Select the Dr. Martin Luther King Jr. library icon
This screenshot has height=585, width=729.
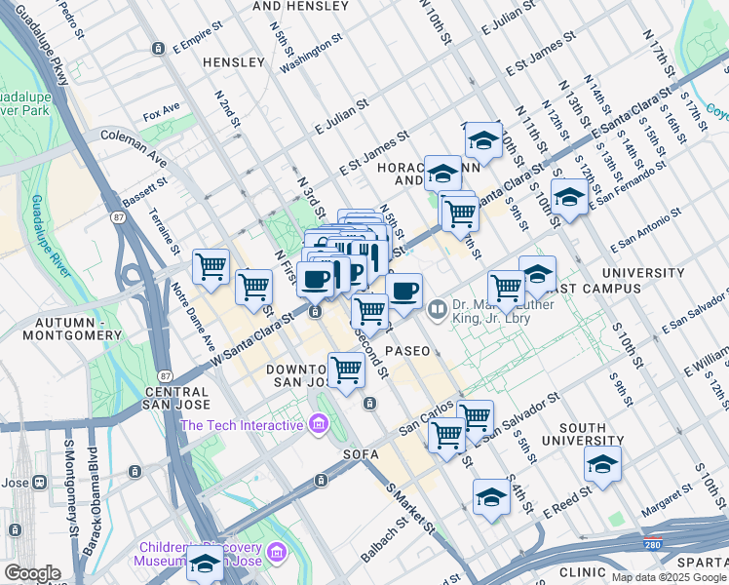(438, 311)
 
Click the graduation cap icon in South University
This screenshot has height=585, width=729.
(602, 464)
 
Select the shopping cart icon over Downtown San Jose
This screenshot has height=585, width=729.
(346, 369)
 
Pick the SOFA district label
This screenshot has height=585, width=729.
(360, 454)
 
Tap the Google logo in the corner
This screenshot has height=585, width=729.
(31, 573)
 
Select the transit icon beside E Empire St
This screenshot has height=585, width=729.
(158, 49)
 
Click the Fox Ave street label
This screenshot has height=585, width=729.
(162, 110)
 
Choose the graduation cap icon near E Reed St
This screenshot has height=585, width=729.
(491, 496)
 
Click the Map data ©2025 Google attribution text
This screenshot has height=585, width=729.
(668, 576)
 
